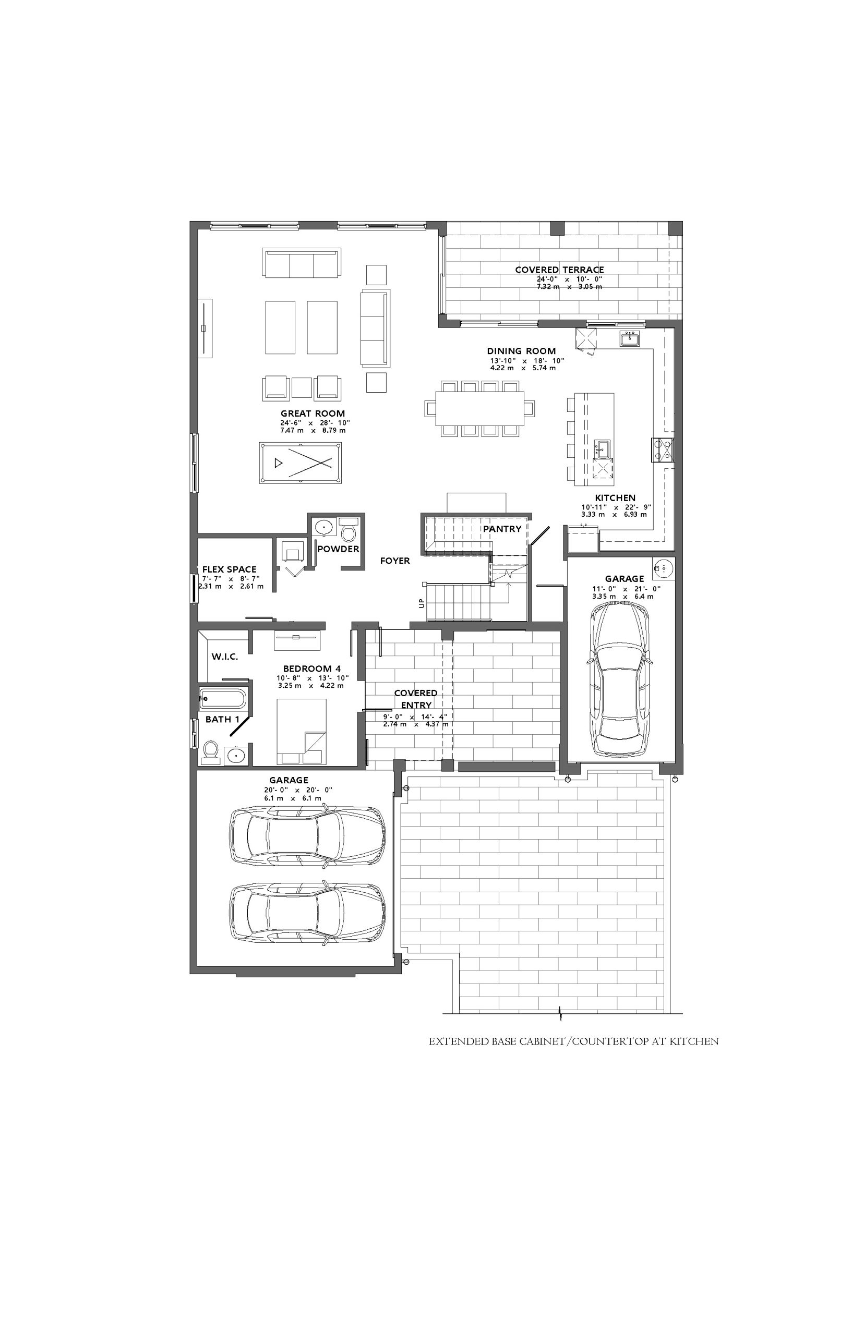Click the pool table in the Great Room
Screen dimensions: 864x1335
(x=301, y=463)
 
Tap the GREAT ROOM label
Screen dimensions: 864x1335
(x=313, y=413)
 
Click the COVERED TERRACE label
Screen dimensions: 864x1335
(x=559, y=270)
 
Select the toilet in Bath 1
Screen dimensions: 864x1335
(x=210, y=753)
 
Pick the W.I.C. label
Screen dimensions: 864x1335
(x=225, y=657)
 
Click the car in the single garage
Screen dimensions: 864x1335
(x=620, y=680)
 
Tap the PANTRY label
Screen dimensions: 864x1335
(x=502, y=529)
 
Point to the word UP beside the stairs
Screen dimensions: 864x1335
(x=422, y=603)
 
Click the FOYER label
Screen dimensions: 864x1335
(x=395, y=561)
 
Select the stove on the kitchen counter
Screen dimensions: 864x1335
(x=663, y=450)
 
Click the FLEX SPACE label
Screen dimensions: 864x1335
(x=230, y=569)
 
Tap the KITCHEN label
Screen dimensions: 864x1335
(x=616, y=498)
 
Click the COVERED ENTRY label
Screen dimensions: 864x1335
(x=416, y=699)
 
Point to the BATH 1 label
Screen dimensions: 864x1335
(x=222, y=719)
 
